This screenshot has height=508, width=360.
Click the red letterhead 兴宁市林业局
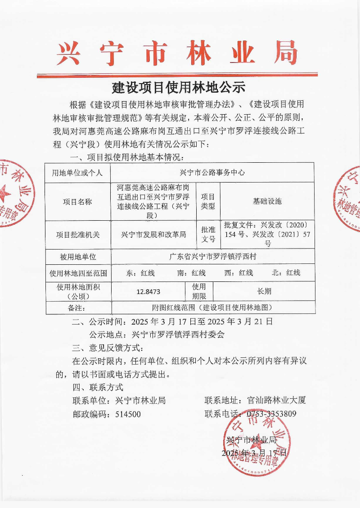177,53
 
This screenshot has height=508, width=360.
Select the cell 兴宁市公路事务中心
212,173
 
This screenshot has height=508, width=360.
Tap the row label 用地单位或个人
77,173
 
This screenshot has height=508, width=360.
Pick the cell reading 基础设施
267,201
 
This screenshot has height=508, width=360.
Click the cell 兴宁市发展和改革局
153,235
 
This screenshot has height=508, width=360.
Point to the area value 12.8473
148,291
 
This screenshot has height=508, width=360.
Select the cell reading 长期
264,291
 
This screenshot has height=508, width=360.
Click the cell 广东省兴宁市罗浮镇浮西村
212,257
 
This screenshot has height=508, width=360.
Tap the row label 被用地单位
78,257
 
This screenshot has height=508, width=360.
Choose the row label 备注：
77,308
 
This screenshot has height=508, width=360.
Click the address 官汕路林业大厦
277,400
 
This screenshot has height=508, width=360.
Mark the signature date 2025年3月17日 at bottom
254,453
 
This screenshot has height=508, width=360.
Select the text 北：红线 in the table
286,273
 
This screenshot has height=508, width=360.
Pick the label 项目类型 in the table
208,201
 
